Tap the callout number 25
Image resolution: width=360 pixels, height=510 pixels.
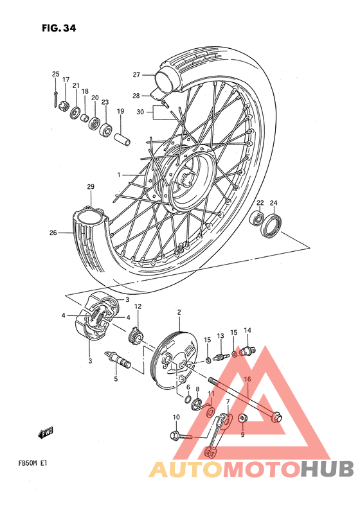(55, 75)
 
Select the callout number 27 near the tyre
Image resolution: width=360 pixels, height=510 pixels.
(136, 74)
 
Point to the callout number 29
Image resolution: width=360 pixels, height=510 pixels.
(91, 187)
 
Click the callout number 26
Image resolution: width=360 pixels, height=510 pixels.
(53, 233)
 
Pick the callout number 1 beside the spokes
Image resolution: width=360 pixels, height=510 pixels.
(118, 175)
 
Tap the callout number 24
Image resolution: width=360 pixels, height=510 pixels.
(273, 204)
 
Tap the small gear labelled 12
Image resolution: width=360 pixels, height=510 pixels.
(136, 335)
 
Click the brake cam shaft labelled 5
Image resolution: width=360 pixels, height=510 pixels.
(120, 360)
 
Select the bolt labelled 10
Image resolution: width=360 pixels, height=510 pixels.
(179, 437)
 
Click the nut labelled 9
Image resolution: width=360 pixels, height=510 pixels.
(243, 420)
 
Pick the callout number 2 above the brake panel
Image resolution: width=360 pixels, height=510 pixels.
(179, 312)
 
